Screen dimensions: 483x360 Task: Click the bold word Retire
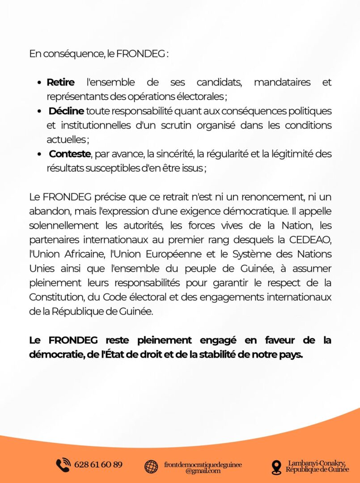(x=60, y=83)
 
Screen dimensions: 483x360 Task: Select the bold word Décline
(x=66, y=111)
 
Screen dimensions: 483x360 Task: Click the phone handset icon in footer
(x=63, y=465)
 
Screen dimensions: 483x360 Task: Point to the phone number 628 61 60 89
(x=98, y=465)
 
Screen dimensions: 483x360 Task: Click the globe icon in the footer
(x=151, y=466)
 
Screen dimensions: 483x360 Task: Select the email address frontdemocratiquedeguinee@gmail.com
(x=203, y=467)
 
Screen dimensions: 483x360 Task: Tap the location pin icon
(x=276, y=467)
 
